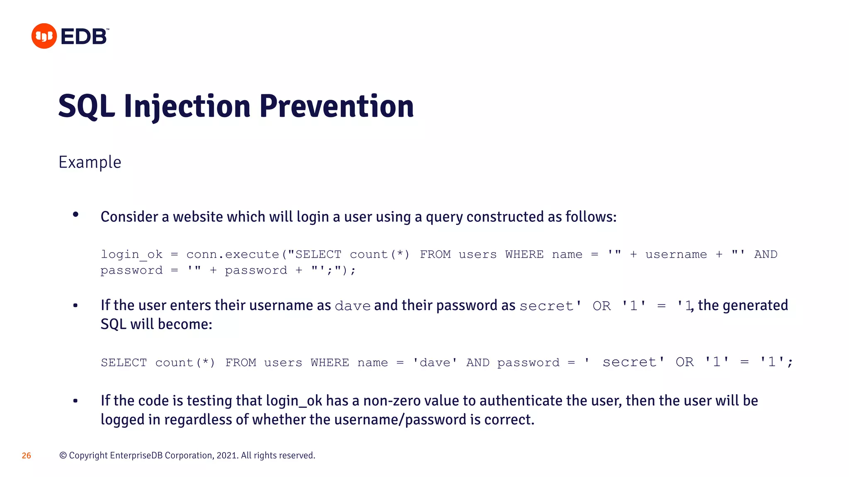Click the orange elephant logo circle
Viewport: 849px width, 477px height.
coord(44,36)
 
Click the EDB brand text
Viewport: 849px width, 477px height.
coord(85,36)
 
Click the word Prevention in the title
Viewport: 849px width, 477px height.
coord(337,106)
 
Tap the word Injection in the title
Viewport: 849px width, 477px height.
coord(187,106)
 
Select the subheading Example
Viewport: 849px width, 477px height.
coord(90,162)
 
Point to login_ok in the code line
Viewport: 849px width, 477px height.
coord(132,254)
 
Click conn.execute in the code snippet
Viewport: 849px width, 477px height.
coord(233,254)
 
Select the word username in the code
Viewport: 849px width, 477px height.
coord(676,254)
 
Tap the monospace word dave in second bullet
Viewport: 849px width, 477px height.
coord(352,306)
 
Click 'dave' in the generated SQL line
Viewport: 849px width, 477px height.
coord(435,363)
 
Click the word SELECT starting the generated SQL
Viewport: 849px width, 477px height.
coord(124,363)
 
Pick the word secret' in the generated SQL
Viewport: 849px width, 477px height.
coord(633,362)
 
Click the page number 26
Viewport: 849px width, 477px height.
coord(26,455)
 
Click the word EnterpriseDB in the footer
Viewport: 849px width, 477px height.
coord(136,455)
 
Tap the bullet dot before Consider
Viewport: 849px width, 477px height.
coord(75,214)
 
